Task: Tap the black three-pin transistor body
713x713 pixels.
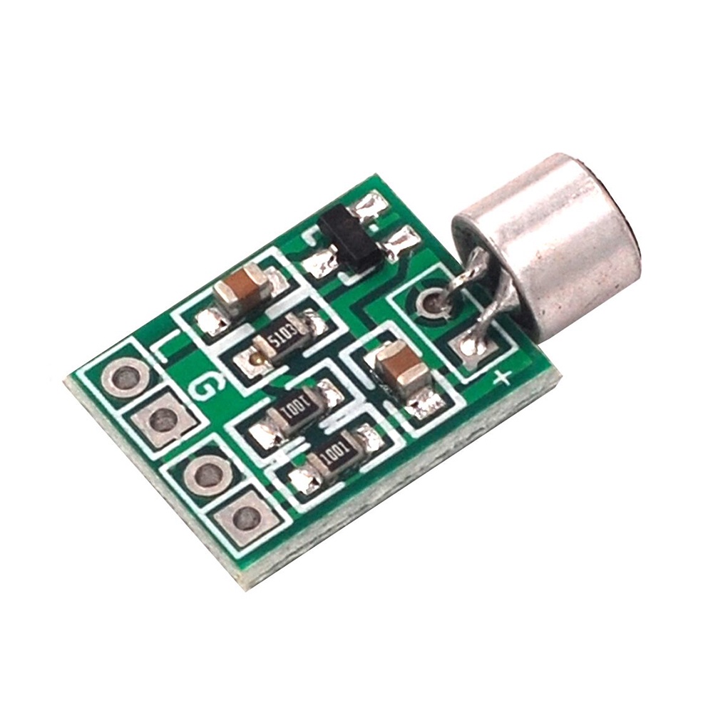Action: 349,240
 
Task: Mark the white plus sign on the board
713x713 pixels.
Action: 502,379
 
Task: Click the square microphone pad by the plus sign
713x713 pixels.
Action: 471,347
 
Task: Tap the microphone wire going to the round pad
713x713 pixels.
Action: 463,278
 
